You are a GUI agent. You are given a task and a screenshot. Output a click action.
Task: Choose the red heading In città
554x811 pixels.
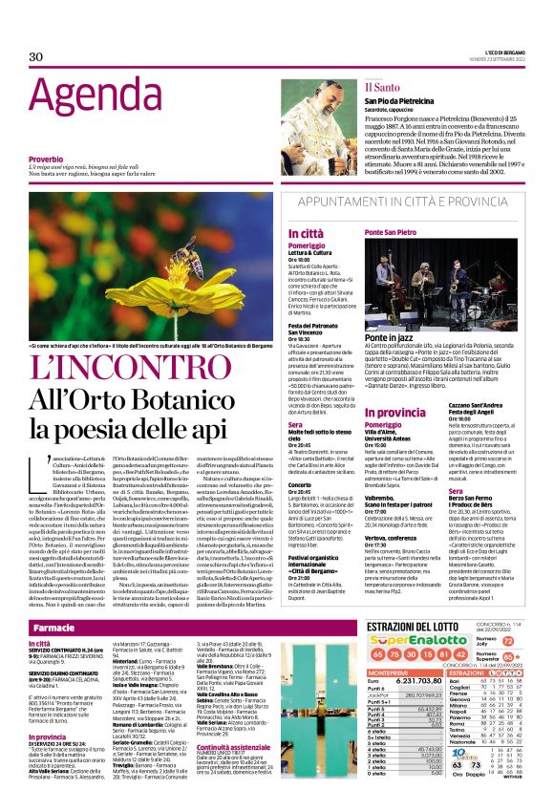coord(307,233)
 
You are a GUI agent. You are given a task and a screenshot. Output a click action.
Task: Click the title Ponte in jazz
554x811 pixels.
coord(393,339)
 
